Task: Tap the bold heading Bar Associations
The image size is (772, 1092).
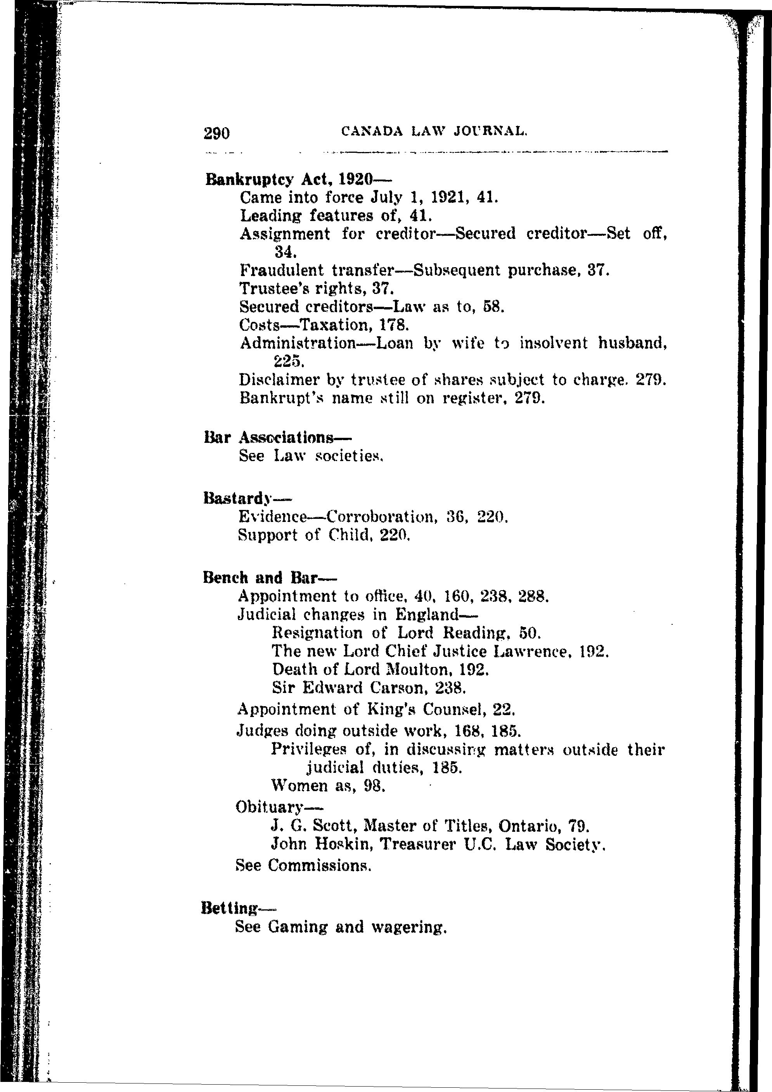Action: [278, 437]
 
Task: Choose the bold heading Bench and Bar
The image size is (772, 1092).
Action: [269, 577]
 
